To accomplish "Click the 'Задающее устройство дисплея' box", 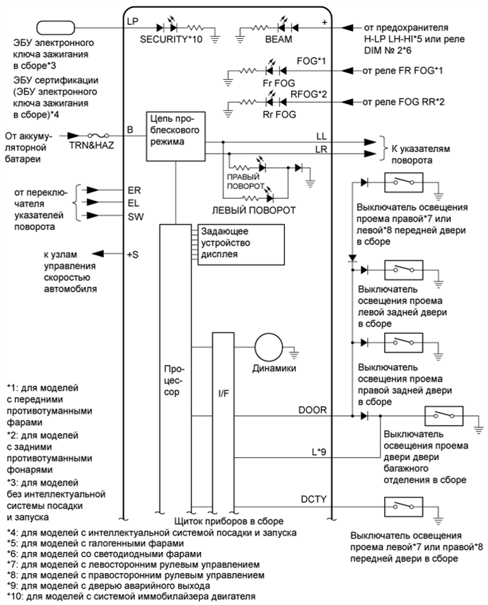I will pos(240,243).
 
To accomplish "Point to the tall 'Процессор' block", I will pos(175,382).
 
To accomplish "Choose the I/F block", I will pos(222,389).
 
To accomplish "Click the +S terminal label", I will pos(132,255).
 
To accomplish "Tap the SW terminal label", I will pos(134,217).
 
